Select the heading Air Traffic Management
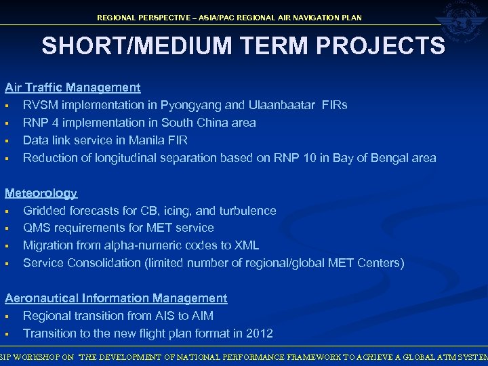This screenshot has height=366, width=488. (73, 87)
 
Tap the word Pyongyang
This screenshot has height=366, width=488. (200, 105)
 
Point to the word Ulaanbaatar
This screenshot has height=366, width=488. (282, 105)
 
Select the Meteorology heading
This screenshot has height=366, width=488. (41, 193)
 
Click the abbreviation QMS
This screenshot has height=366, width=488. (37, 228)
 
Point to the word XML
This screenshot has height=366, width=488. (245, 245)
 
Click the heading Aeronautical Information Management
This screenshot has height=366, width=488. (116, 298)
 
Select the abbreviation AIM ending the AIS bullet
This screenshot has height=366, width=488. (201, 316)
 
